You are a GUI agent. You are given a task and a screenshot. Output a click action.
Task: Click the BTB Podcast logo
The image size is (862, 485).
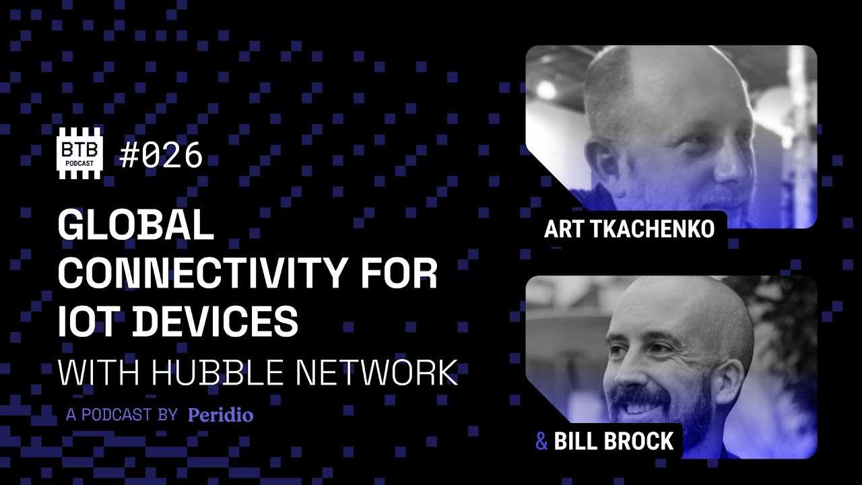(x=79, y=154)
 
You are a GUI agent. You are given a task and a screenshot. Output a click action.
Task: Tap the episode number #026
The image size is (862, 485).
(x=161, y=156)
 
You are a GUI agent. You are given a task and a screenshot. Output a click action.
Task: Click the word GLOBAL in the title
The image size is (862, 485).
(x=135, y=226)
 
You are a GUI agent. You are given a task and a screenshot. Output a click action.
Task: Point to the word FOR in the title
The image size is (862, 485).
(x=403, y=273)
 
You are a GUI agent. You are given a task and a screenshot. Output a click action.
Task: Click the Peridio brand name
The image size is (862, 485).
(x=221, y=415)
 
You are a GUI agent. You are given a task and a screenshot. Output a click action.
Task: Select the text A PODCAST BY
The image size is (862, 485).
(x=121, y=415)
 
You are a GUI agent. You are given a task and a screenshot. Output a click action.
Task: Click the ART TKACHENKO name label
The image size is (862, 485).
(x=629, y=229)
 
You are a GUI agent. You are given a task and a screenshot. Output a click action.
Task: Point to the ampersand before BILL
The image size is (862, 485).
(x=541, y=442)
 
